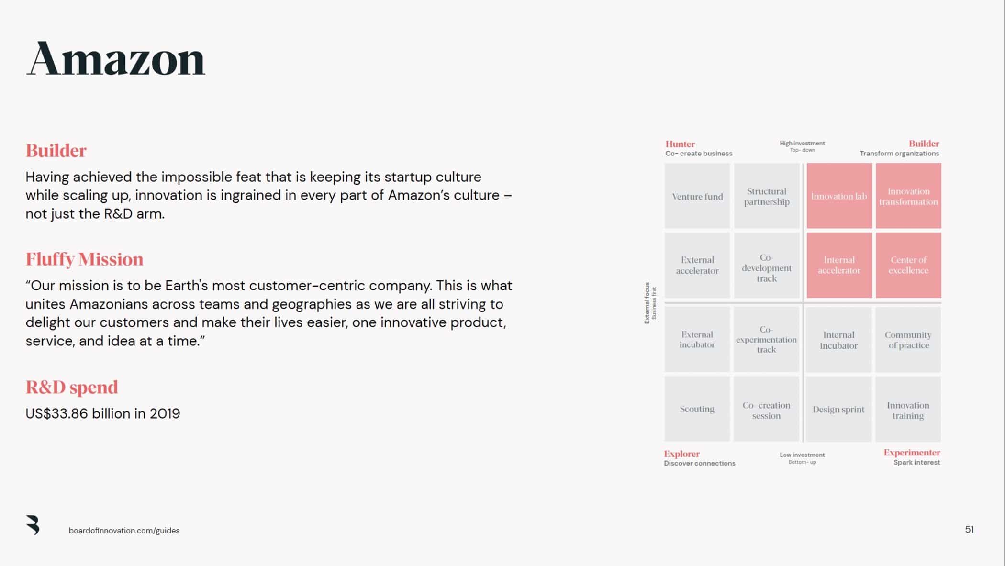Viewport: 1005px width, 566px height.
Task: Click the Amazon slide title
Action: (x=116, y=59)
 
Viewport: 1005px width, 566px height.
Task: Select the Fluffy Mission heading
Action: (x=84, y=259)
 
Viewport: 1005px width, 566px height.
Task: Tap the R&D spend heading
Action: (x=72, y=387)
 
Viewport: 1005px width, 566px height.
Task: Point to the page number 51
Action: (x=969, y=530)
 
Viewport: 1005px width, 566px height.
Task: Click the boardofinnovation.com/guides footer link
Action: (x=124, y=531)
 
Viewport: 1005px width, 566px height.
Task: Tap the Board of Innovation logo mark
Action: (x=33, y=525)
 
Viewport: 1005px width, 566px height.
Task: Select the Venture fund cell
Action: (x=697, y=196)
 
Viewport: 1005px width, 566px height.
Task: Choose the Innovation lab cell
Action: (x=839, y=196)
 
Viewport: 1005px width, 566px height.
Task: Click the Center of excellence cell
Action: (x=908, y=265)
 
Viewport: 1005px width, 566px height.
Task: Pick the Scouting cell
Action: (x=697, y=409)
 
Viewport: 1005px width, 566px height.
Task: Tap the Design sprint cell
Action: (x=838, y=409)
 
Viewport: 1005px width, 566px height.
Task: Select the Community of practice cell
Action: (x=908, y=340)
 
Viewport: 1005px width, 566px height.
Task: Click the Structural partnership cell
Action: (x=767, y=196)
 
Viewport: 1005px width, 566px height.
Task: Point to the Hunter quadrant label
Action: (x=680, y=144)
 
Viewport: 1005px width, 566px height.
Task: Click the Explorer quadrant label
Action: (x=681, y=454)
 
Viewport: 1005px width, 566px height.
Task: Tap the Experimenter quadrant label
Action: (x=912, y=453)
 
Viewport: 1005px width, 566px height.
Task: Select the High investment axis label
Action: (x=802, y=144)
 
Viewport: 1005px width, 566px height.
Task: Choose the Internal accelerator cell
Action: (x=839, y=265)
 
